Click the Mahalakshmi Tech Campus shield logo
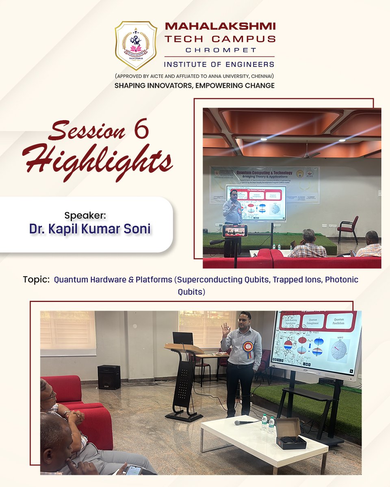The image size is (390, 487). (x=136, y=45)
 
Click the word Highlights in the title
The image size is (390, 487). (x=97, y=161)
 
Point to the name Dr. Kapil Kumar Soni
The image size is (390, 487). (x=90, y=228)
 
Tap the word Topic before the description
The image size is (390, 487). (x=36, y=280)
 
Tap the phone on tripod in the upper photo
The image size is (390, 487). (x=234, y=231)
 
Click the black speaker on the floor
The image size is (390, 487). (x=109, y=377)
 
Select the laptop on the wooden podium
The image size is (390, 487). (x=182, y=338)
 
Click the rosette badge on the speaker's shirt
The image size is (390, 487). (x=248, y=348)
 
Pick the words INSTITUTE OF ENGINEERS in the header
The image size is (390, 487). (x=219, y=64)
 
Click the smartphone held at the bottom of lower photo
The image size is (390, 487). (x=134, y=470)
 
